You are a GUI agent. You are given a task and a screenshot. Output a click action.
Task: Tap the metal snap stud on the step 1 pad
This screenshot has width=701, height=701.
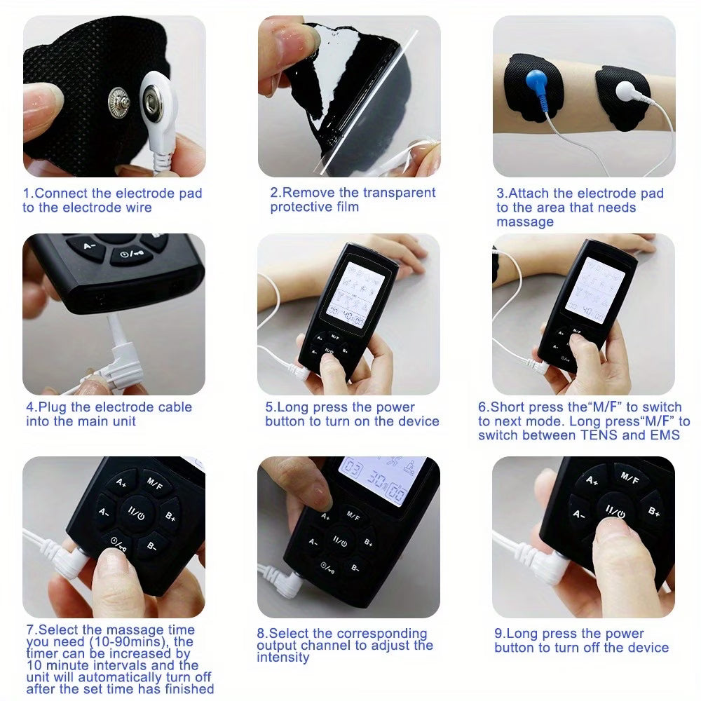pyautogui.click(x=121, y=104)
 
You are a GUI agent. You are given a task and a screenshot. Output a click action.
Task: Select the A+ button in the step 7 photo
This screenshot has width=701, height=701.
pyautogui.click(x=121, y=482)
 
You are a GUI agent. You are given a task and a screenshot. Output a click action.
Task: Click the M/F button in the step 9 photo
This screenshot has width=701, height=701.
pyautogui.click(x=629, y=479)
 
